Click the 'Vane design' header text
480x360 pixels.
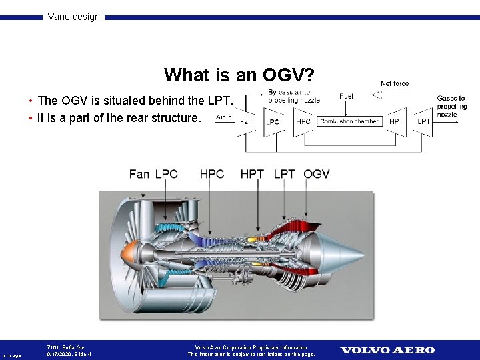73,17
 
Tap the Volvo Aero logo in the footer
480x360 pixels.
387,350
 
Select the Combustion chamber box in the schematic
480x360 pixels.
349,121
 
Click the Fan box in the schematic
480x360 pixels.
245,122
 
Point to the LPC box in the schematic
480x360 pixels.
273,122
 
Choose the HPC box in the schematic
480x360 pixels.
303,121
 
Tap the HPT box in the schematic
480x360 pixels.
396,121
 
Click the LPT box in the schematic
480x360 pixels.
423,121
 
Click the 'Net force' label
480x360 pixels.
395,84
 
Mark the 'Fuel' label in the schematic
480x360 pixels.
346,97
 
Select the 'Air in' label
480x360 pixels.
224,117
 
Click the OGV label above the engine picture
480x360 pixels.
316,174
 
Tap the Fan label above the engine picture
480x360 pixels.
139,174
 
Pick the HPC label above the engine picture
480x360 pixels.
212,174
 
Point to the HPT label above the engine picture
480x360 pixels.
252,174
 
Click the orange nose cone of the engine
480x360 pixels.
129,253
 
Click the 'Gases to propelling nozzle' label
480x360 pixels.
451,106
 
